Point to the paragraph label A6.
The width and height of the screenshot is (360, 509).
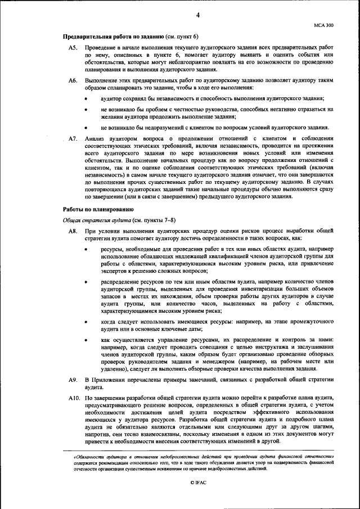coord(72,81)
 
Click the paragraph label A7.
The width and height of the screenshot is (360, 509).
coord(72,138)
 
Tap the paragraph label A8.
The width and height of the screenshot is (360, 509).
coord(72,231)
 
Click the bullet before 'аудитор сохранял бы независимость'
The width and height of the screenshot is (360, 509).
coord(85,99)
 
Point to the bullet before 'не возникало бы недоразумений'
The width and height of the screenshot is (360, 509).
coord(85,128)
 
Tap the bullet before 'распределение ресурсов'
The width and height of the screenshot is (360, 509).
coord(85,282)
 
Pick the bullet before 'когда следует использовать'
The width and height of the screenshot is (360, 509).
coord(85,322)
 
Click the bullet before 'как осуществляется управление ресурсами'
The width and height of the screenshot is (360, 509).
coord(85,340)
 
